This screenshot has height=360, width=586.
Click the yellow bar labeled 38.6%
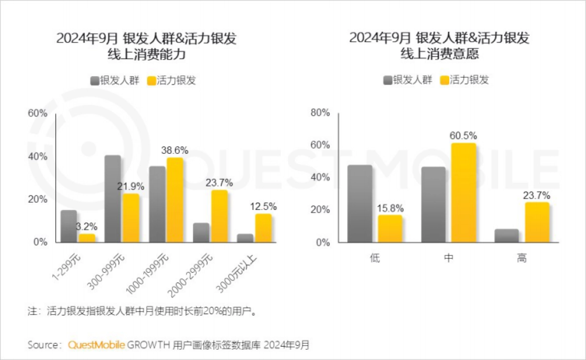click(174, 200)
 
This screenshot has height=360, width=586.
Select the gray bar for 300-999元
click(113, 199)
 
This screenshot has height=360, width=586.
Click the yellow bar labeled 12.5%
click(263, 228)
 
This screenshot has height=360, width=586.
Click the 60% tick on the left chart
click(37, 113)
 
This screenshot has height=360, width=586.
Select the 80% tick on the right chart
click(320, 113)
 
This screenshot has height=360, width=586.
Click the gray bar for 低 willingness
click(360, 204)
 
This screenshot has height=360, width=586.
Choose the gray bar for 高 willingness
click(506, 235)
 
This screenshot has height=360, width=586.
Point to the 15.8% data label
click(390, 208)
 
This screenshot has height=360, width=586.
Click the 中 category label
click(448, 258)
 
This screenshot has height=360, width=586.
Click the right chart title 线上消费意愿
click(439, 54)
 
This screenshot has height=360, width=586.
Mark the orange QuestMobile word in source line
click(96, 345)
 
